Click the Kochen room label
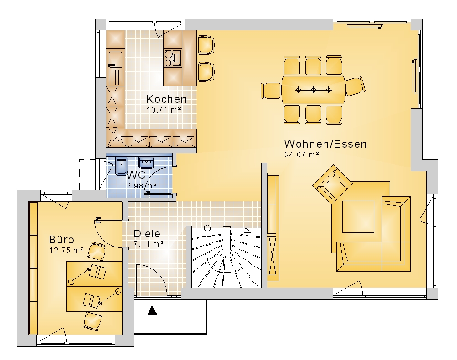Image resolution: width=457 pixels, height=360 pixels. (166, 99)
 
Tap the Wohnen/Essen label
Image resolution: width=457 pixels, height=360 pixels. (325, 144)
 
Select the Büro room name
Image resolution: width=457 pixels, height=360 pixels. (62, 240)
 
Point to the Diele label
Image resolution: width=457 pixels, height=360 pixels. (147, 233)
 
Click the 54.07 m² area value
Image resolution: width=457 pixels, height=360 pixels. (301, 155)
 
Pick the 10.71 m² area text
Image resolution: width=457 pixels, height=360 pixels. (164, 110)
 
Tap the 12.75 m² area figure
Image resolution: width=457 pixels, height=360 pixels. (66, 250)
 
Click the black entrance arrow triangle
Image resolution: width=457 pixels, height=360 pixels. (153, 311)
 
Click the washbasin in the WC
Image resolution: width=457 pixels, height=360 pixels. (146, 163)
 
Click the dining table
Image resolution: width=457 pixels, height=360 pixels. (314, 90)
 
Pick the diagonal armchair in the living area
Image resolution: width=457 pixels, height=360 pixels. (332, 184)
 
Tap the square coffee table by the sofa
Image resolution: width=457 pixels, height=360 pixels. (358, 216)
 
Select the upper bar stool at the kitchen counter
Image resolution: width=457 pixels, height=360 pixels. (207, 45)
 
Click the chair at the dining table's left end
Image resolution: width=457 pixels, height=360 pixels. (271, 91)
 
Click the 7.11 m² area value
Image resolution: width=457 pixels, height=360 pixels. (149, 244)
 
